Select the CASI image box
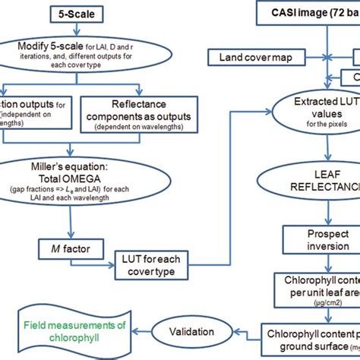coord(308,13)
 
